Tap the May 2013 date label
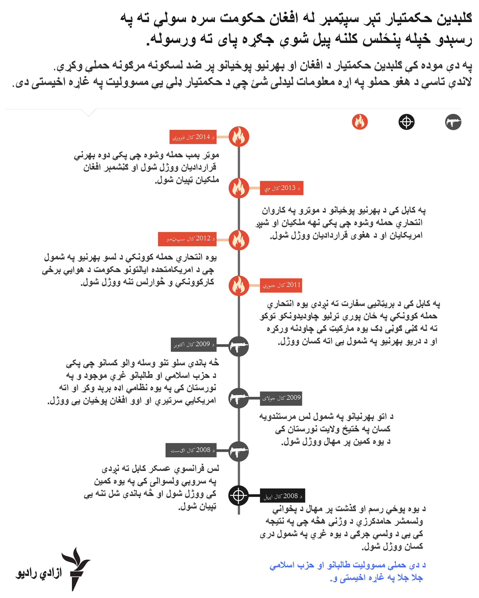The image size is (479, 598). pyautogui.click(x=281, y=188)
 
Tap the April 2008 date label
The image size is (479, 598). pyautogui.click(x=282, y=495)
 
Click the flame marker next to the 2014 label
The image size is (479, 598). pyautogui.click(x=239, y=137)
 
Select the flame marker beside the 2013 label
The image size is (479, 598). pyautogui.click(x=239, y=188)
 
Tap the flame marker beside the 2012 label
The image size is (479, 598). pyautogui.click(x=239, y=240)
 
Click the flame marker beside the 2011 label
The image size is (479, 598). pyautogui.click(x=239, y=286)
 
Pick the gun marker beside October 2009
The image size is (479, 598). pyautogui.click(x=239, y=346)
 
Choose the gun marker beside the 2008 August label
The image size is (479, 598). pyautogui.click(x=239, y=452)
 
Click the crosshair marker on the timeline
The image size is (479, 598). pyautogui.click(x=239, y=495)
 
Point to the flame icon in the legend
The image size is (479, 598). pyautogui.click(x=360, y=122)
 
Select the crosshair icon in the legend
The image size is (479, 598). pyautogui.click(x=406, y=122)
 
